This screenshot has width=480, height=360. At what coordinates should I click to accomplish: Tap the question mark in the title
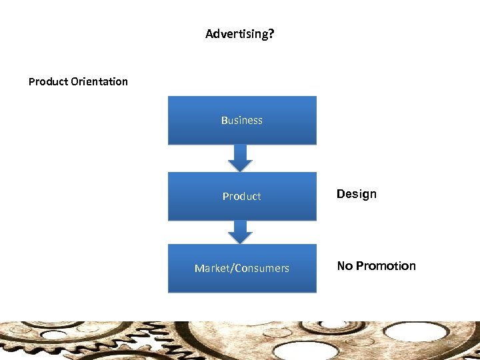click(271, 33)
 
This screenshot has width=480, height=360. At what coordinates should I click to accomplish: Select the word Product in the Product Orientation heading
click(48, 81)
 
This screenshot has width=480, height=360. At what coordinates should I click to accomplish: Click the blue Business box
click(242, 120)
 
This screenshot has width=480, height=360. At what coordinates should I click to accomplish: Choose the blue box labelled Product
click(242, 196)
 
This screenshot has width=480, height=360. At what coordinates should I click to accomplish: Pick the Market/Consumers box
click(242, 268)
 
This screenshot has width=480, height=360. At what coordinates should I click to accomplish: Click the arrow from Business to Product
click(241, 158)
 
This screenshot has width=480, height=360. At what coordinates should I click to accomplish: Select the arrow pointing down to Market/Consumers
click(241, 231)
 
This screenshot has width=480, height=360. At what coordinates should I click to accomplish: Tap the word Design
click(357, 194)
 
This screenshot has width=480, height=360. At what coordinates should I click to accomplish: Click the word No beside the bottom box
click(345, 266)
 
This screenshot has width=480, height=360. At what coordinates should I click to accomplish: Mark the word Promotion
click(386, 266)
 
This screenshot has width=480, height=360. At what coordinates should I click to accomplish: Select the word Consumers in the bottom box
click(261, 268)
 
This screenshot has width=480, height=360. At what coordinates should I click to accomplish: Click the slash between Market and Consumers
click(231, 268)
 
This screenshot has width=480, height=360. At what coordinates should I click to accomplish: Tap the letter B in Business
click(225, 120)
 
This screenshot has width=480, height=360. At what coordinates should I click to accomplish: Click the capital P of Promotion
click(360, 266)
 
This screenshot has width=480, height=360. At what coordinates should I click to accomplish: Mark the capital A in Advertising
click(209, 33)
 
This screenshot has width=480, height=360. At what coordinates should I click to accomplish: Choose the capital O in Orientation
click(74, 81)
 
